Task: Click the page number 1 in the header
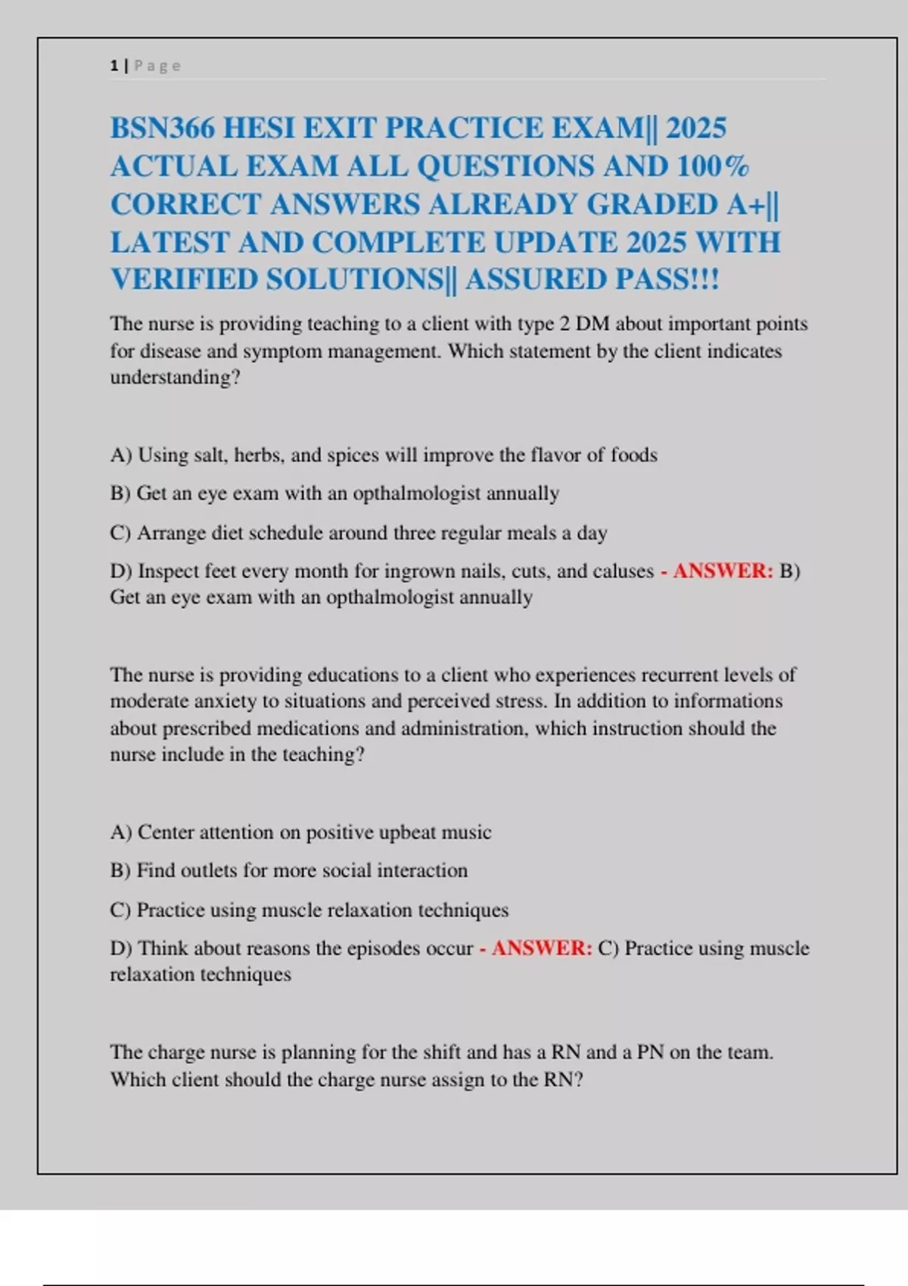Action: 113,66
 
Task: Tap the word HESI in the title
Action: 259,128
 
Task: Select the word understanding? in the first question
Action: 175,377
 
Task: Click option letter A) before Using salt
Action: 121,455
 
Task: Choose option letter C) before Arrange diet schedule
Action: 120,533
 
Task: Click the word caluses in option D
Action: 623,570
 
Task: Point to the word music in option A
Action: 466,832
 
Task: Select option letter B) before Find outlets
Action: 120,870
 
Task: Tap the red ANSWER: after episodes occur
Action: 542,948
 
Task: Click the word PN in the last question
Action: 650,1052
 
